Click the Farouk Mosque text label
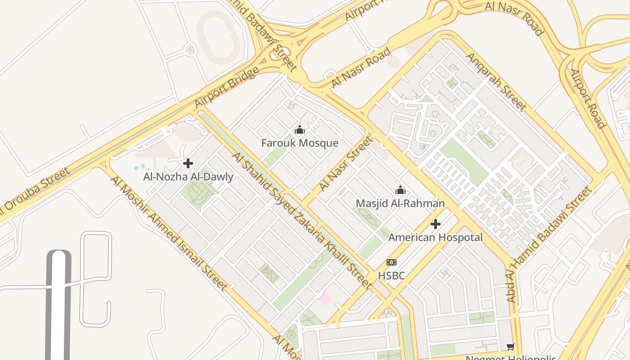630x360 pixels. tap(300, 143)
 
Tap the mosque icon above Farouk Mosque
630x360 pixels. tap(300, 130)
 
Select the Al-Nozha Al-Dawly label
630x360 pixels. tap(188, 177)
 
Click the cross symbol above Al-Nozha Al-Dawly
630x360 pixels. tap(188, 163)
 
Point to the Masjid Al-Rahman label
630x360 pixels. tap(400, 203)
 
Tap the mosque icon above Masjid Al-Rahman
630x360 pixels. tap(400, 190)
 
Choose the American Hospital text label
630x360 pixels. tap(435, 237)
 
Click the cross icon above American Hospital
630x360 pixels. tap(435, 224)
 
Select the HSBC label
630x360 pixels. tap(391, 275)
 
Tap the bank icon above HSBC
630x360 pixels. tap(391, 262)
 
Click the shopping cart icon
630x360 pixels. tap(510, 346)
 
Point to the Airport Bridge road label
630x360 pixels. tap(227, 87)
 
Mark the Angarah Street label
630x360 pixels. tap(495, 81)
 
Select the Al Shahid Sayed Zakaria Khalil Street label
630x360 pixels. tap(301, 220)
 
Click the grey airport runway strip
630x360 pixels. tap(58, 306)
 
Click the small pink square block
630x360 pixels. tap(324, 298)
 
